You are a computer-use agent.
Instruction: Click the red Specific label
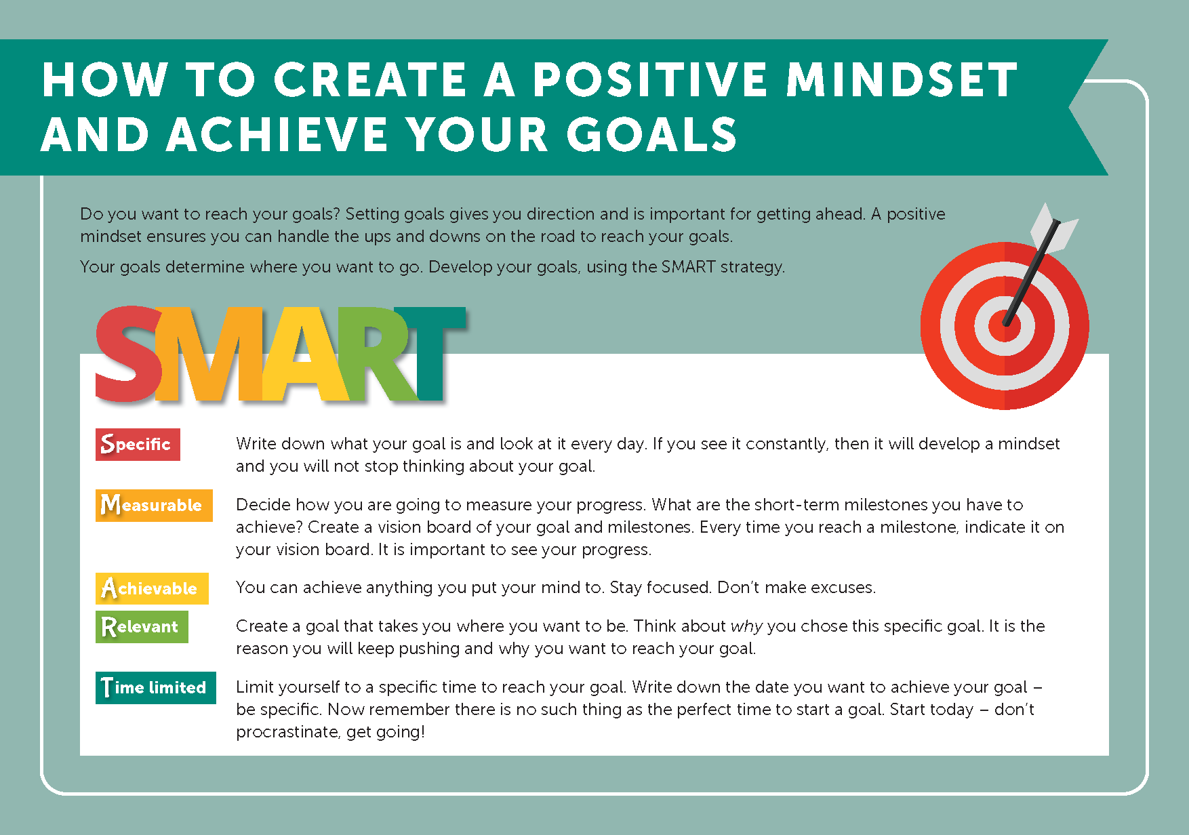point(138,445)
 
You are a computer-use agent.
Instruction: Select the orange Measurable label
point(154,506)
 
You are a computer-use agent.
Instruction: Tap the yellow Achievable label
point(152,588)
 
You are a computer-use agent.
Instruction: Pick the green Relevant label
point(142,627)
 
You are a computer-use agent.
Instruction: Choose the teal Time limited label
point(156,688)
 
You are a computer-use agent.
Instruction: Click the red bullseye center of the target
point(1005,326)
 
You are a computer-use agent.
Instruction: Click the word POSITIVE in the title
point(650,79)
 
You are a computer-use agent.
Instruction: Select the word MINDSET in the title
point(902,79)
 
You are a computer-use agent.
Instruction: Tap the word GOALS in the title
point(652,134)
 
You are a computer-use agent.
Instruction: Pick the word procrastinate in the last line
point(288,732)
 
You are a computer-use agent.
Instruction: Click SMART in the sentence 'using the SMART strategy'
point(688,266)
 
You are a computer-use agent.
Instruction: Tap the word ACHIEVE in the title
point(277,134)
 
